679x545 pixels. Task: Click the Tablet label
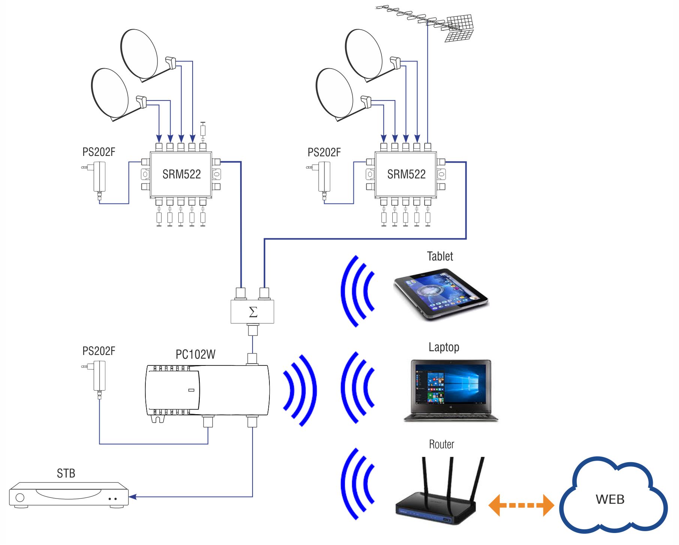pyautogui.click(x=440, y=256)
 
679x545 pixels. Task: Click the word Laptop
pyautogui.click(x=444, y=347)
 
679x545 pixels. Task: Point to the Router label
pyautogui.click(x=441, y=445)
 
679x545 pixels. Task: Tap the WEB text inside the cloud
pyautogui.click(x=610, y=500)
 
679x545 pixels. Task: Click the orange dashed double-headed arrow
pyautogui.click(x=521, y=505)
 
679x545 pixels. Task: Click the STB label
pyautogui.click(x=66, y=474)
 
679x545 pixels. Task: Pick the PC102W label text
pyautogui.click(x=196, y=355)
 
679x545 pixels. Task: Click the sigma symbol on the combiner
pyautogui.click(x=253, y=312)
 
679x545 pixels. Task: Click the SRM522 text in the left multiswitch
pyautogui.click(x=181, y=174)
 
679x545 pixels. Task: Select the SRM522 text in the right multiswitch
pyautogui.click(x=406, y=174)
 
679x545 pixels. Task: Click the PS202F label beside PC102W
pyautogui.click(x=99, y=351)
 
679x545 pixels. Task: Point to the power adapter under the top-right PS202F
pyautogui.click(x=324, y=177)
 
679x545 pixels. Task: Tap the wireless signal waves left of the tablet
pyautogui.click(x=357, y=291)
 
